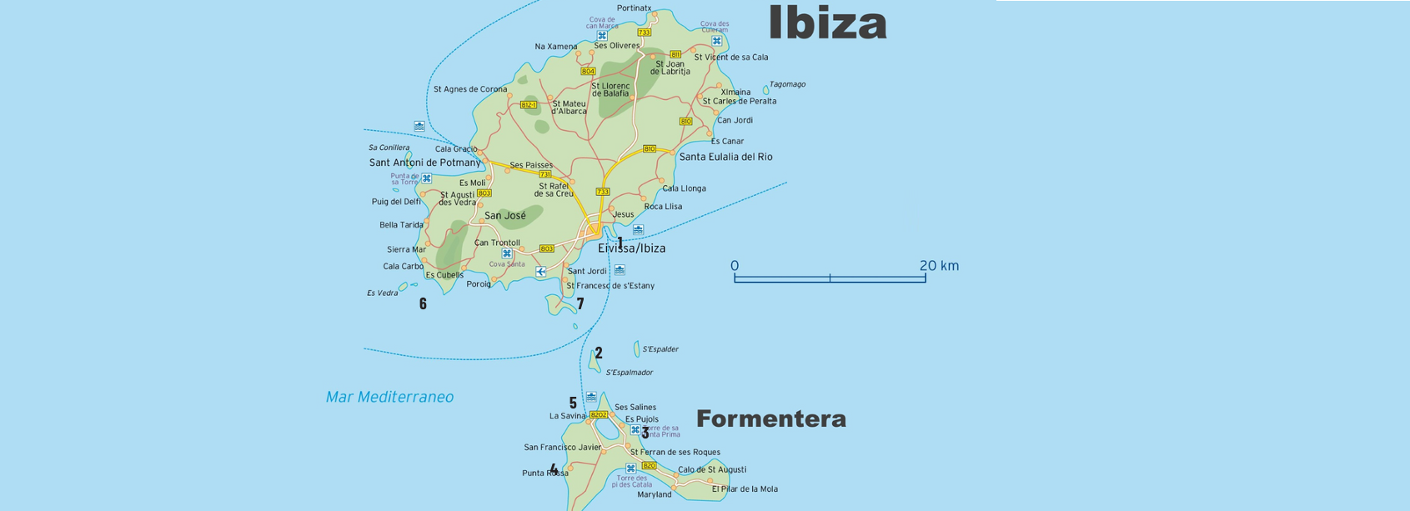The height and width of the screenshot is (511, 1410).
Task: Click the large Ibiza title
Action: coord(826,23)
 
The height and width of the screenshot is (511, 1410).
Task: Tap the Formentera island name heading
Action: coord(770,419)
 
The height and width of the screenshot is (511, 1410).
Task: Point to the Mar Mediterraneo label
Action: coord(389,398)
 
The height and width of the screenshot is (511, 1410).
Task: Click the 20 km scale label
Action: coord(939,266)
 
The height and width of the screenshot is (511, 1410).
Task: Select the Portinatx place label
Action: coord(634,8)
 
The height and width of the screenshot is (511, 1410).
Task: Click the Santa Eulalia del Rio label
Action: coord(725,157)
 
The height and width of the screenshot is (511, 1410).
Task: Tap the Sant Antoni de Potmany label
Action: coord(424,163)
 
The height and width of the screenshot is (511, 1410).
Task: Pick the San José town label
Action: coord(505,216)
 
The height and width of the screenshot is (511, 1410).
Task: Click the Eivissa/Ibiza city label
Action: coord(631,248)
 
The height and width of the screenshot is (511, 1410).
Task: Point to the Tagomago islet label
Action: coord(787,84)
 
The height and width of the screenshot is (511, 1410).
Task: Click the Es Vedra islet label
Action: coord(382,293)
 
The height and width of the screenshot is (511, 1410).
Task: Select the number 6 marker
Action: coord(423,304)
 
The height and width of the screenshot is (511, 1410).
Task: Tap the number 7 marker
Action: coord(580,304)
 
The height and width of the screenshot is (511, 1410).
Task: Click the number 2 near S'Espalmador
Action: coord(599,353)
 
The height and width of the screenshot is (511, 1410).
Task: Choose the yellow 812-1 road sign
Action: coord(529,105)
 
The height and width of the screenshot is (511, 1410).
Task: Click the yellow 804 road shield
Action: coord(588,72)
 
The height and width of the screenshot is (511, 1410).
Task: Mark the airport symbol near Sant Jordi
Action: coord(541,272)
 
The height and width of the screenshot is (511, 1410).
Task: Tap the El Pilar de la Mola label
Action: coord(745,489)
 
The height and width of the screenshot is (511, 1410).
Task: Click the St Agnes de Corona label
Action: coord(469,89)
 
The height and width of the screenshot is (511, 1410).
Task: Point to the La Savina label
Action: coord(567,416)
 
